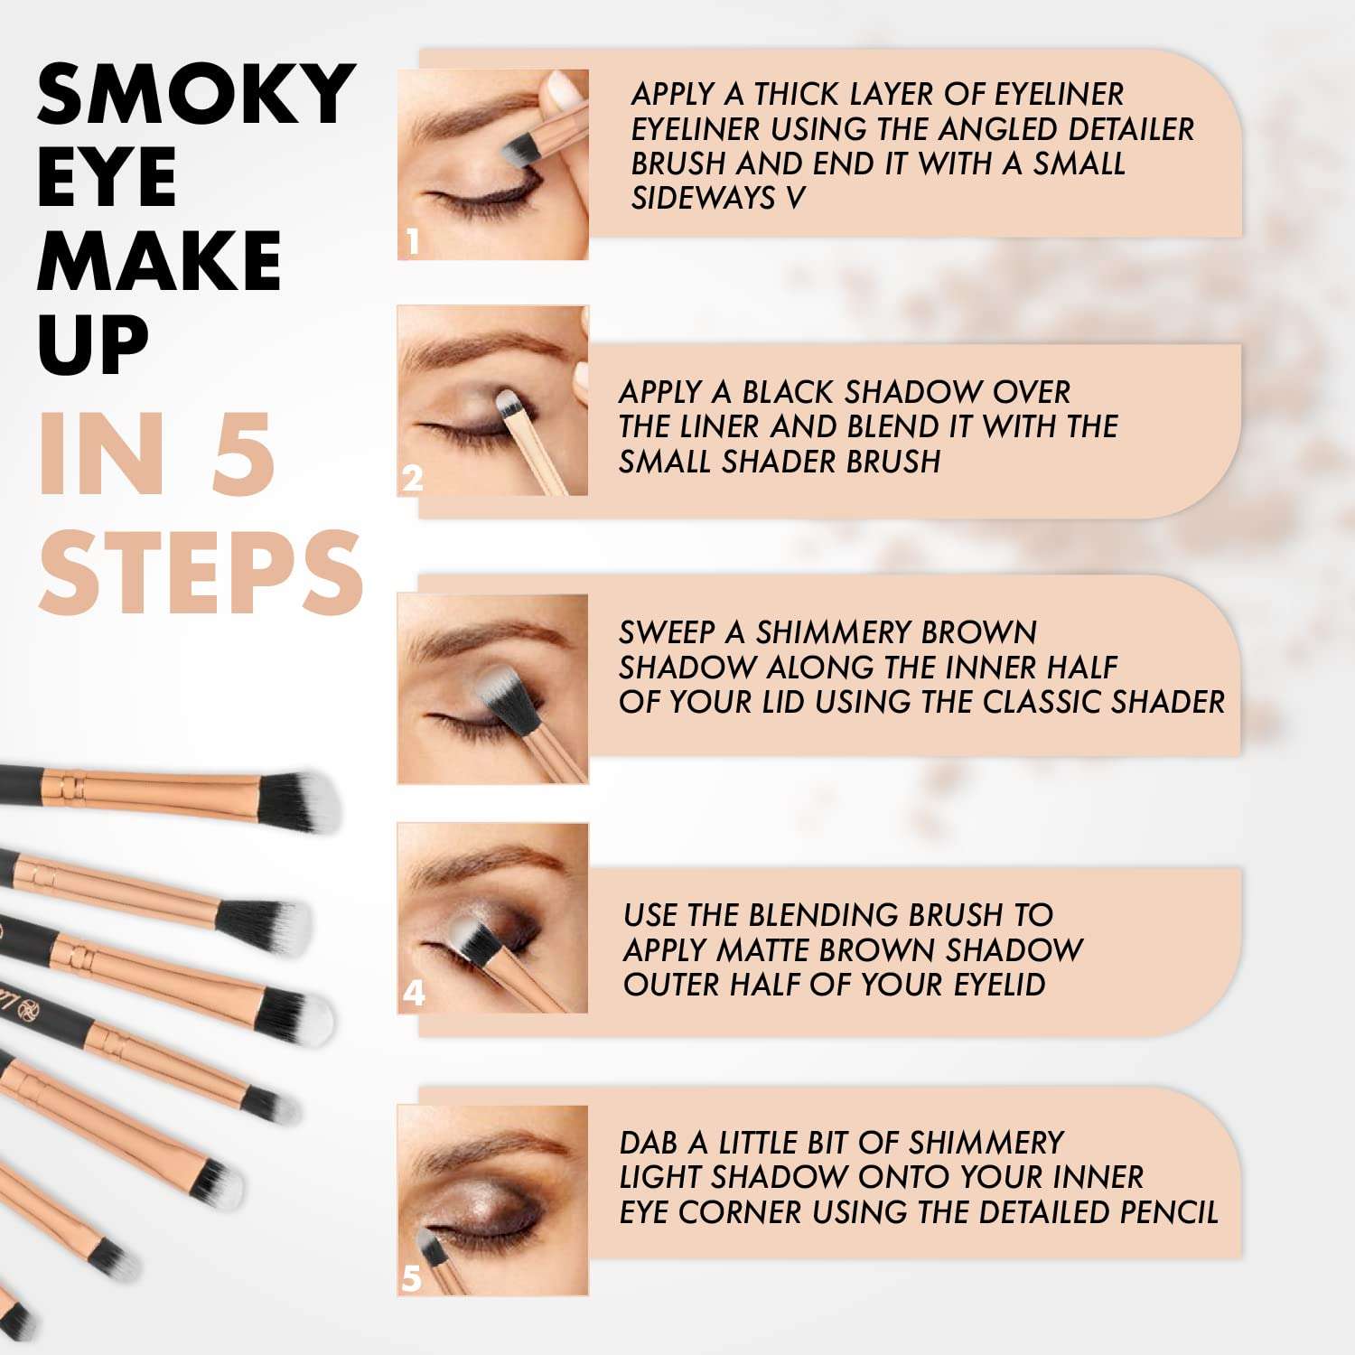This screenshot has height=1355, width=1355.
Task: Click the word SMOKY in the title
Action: pos(195,95)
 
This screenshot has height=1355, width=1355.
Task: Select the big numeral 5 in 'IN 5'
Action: pos(243,454)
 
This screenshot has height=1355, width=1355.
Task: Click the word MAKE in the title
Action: pos(159,261)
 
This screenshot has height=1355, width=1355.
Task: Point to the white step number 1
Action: pos(413,242)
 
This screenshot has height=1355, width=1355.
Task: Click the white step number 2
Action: pos(413,479)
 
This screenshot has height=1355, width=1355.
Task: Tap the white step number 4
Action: pos(414,994)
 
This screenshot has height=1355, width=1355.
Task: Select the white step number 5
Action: pos(412,1278)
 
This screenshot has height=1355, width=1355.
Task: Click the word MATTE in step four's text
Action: pos(760,950)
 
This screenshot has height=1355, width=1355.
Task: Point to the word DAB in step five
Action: pos(649,1143)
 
